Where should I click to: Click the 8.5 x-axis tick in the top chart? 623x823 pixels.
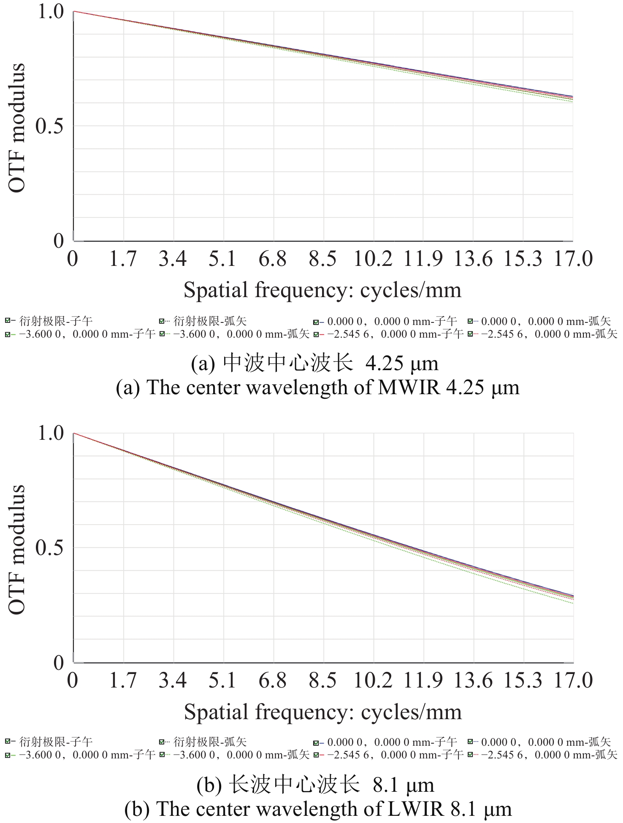pos(323,259)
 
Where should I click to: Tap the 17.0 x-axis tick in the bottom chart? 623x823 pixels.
pos(573,680)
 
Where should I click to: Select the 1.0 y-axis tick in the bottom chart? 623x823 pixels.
pos(51,433)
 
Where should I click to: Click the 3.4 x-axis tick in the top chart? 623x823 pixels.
pos(173,259)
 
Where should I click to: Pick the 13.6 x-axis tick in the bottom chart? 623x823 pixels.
pos(473,680)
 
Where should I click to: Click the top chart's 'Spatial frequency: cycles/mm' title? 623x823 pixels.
pos(322,290)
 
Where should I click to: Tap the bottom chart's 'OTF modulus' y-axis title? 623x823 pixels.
pos(17,549)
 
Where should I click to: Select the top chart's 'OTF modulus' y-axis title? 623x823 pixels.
pos(17,128)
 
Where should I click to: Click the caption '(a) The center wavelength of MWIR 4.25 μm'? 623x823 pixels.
pos(317,387)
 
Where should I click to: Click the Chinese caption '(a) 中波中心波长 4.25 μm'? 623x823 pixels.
pos(314,363)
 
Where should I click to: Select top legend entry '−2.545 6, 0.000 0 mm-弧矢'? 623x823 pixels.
pos(549,334)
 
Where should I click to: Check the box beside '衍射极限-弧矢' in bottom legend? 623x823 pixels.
pos(162,742)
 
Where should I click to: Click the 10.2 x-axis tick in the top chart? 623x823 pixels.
pos(373,259)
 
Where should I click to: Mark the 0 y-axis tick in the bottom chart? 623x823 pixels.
pos(59,663)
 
